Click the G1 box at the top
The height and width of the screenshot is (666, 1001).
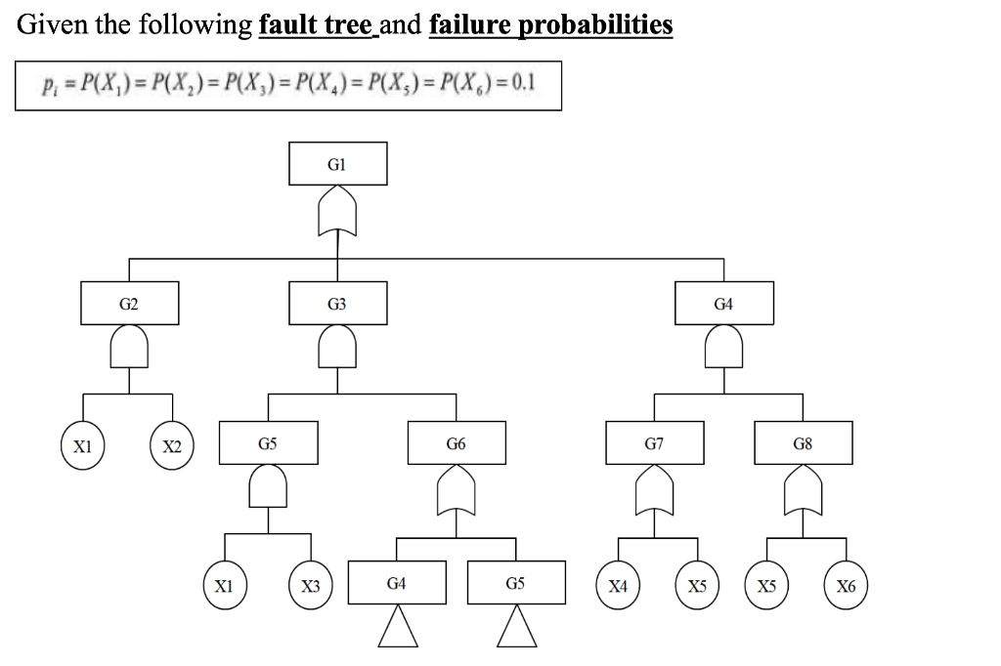[x=337, y=164]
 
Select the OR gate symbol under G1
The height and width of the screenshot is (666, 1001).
[x=337, y=215]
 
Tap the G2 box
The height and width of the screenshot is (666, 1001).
[x=129, y=304]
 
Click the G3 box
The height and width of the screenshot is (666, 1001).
[x=337, y=304]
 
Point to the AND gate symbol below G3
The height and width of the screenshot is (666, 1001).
[x=337, y=347]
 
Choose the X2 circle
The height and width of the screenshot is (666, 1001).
[x=172, y=447]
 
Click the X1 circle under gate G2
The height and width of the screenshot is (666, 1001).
[x=83, y=447]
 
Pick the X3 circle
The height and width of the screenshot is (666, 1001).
[x=310, y=587]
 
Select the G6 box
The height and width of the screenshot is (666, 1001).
[x=457, y=443]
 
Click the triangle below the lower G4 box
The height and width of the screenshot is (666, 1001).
[x=397, y=627]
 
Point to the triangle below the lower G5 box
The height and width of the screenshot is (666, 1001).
[x=516, y=627]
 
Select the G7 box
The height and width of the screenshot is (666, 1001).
[x=654, y=443]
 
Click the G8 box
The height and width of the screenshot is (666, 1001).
[x=803, y=443]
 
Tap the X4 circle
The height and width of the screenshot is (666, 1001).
[x=618, y=587]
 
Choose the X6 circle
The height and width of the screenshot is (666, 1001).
[x=846, y=587]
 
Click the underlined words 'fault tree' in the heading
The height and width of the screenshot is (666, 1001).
[x=316, y=24]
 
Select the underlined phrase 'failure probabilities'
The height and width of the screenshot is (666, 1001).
[x=550, y=24]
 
